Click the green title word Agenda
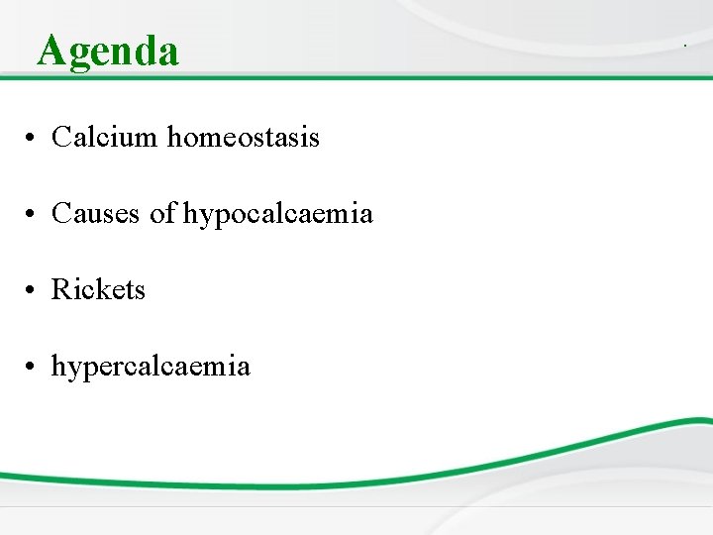108,51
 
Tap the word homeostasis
243,137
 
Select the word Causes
96,213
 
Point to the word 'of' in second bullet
162,213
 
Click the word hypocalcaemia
277,214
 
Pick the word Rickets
98,289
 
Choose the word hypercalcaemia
151,368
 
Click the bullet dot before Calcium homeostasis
33,138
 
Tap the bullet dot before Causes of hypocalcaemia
33,214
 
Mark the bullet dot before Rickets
33,290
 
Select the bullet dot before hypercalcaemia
33,368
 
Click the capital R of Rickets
60,289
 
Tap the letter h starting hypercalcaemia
58,367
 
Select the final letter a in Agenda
168,53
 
